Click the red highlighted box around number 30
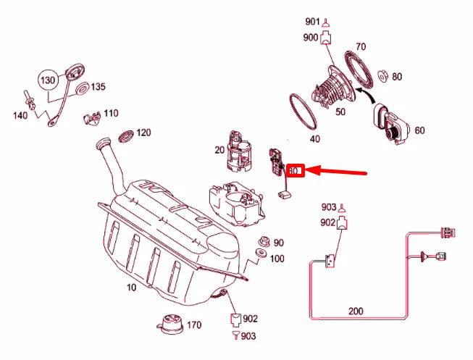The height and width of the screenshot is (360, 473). [x=294, y=171]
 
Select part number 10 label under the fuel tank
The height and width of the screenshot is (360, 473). [x=132, y=288]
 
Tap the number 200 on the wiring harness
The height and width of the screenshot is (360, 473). [x=356, y=311]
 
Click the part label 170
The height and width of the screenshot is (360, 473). [x=193, y=325]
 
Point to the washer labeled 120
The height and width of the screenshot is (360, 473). [x=125, y=135]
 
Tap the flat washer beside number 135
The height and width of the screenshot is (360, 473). [x=82, y=88]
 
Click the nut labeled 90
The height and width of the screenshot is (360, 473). [x=264, y=243]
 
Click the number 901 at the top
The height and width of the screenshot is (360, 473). [x=312, y=22]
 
